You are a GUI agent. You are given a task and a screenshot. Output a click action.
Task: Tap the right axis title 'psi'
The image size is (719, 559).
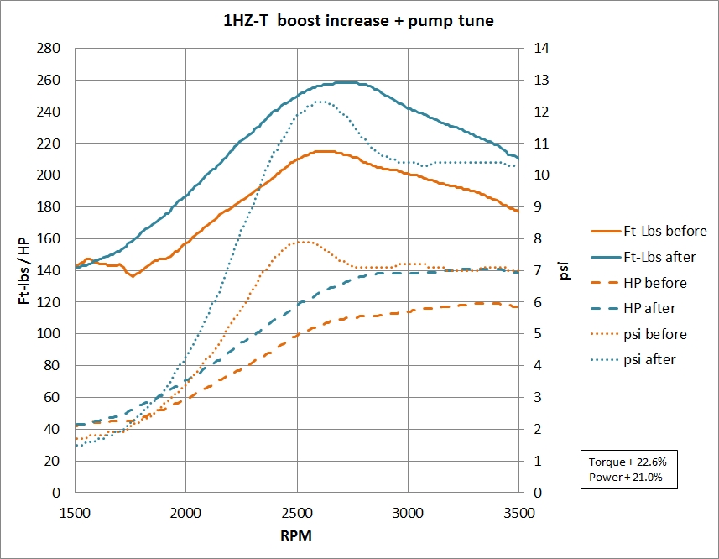565,270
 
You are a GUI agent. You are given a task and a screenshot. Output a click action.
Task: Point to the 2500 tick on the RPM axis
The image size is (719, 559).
296,510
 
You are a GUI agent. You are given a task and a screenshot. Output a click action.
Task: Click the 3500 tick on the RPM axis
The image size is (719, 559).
518,510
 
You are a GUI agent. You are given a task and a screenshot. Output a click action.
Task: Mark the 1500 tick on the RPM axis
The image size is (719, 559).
76,510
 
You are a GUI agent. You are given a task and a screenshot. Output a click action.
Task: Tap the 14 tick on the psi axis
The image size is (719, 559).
533,49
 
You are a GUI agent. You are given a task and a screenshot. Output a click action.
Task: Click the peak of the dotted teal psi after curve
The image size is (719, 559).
320,102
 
